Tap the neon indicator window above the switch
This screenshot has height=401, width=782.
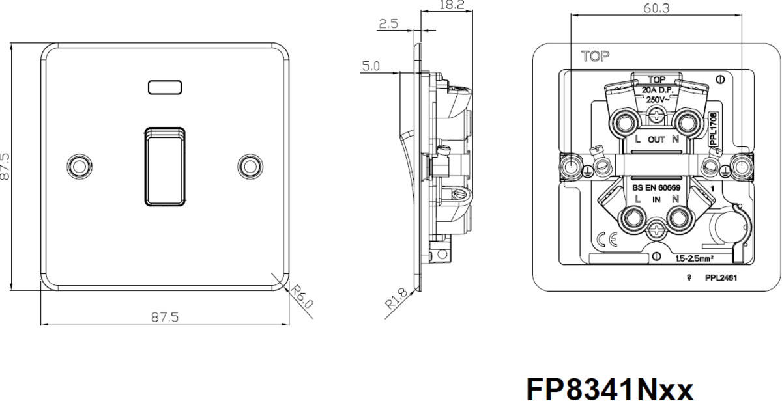[165, 85]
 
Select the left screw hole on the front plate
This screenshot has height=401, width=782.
[80, 166]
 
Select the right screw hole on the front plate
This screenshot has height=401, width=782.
[250, 166]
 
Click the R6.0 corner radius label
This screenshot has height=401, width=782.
[302, 297]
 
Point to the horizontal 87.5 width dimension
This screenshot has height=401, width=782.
[165, 317]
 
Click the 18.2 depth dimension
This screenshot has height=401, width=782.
[452, 5]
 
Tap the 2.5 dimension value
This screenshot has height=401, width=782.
[388, 25]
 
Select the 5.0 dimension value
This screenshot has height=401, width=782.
[372, 66]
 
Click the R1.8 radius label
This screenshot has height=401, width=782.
[396, 299]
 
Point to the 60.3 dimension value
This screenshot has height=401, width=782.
[657, 8]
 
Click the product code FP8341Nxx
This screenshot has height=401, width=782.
[609, 389]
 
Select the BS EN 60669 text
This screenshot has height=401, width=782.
[656, 188]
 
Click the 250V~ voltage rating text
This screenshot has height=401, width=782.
[657, 100]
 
